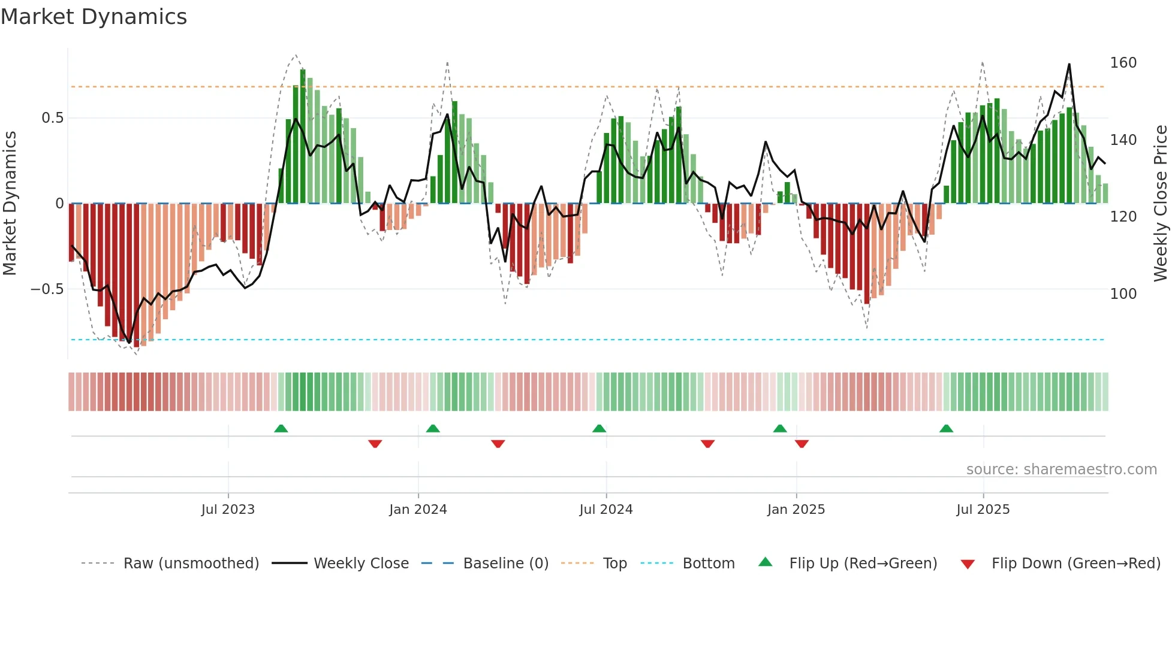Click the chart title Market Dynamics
pyautogui.click(x=94, y=17)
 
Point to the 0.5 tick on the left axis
pyautogui.click(x=52, y=118)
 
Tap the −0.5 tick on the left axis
pyautogui.click(x=47, y=289)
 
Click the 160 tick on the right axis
pyautogui.click(x=1123, y=63)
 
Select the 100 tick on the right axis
pyautogui.click(x=1123, y=294)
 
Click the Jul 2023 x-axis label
pyautogui.click(x=228, y=510)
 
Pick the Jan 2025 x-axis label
pyautogui.click(x=796, y=510)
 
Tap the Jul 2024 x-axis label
pyautogui.click(x=605, y=510)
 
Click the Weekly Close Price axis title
pyautogui.click(x=1161, y=204)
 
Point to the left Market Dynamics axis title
pyautogui.click(x=10, y=204)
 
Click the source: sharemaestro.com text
pyautogui.click(x=1061, y=470)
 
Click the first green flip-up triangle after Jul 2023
pyautogui.click(x=281, y=428)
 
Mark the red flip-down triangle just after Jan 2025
pyautogui.click(x=802, y=444)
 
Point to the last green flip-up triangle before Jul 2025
pyautogui.click(x=946, y=428)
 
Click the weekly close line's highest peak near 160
pyautogui.click(x=1069, y=65)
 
